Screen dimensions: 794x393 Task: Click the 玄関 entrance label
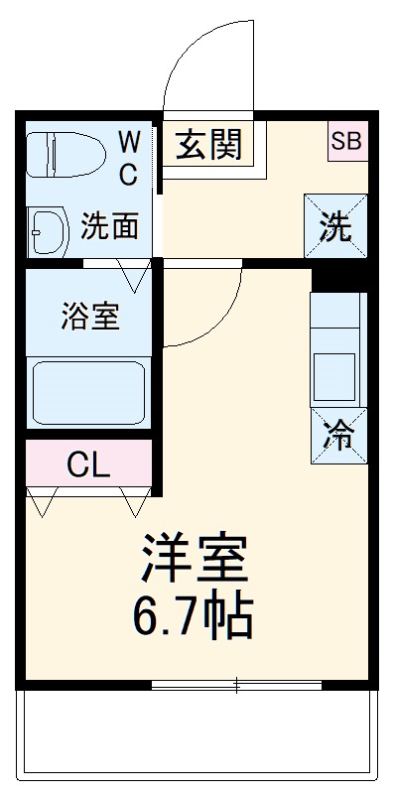tap(209, 146)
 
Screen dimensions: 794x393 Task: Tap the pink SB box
tap(346, 141)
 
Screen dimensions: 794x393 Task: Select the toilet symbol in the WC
tap(65, 156)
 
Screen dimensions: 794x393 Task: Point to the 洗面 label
tap(108, 227)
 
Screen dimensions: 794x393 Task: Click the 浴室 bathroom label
tap(89, 318)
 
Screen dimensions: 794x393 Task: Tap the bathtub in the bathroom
tap(89, 392)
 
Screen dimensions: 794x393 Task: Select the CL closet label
tap(89, 463)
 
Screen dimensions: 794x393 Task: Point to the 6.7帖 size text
tap(194, 617)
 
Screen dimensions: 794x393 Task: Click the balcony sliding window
tap(238, 684)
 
